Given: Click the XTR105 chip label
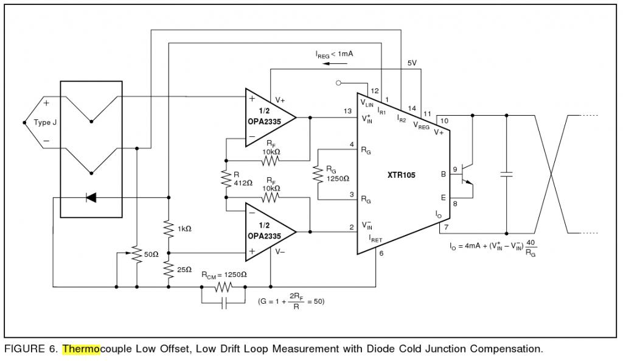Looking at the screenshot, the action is [x=402, y=175].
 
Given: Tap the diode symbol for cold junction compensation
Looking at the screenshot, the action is [x=91, y=197].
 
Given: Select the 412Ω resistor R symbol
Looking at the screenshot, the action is [x=226, y=178].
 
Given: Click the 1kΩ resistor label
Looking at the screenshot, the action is [x=184, y=229].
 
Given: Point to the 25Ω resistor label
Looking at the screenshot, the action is [x=184, y=270].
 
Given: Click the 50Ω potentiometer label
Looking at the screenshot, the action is [x=151, y=254].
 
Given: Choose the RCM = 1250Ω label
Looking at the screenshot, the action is [x=224, y=275].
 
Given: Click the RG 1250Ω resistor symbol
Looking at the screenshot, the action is [x=318, y=174].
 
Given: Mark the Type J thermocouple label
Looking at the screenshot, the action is [x=45, y=122].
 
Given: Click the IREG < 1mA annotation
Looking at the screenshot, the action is [x=334, y=54].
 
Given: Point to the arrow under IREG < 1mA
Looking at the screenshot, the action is [x=332, y=63].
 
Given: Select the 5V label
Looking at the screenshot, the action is [x=412, y=63].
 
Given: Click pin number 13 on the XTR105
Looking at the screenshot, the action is [x=347, y=111].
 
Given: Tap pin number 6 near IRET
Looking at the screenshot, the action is [x=381, y=253].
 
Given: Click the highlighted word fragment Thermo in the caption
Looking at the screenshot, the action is [x=81, y=349].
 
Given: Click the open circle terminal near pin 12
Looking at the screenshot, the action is [x=338, y=83].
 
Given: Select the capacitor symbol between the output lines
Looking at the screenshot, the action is [x=507, y=174].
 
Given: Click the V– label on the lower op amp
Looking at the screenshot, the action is [x=280, y=251].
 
